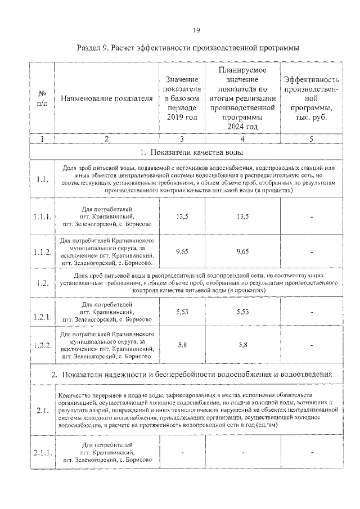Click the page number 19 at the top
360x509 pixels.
180,30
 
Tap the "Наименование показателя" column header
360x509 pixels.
106,99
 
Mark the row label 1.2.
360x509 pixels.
42,283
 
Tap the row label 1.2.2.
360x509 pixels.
42,345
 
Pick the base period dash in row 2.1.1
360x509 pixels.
182,452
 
